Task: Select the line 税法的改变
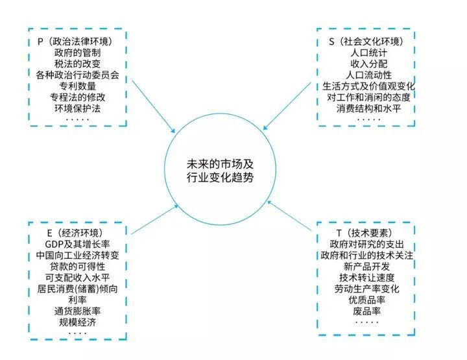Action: click(77, 64)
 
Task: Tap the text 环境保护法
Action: click(77, 108)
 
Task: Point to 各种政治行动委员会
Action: click(77, 75)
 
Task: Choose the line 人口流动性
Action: click(368, 75)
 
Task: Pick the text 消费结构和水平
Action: click(368, 108)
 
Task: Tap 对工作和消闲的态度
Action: click(368, 97)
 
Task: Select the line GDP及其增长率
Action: click(77, 244)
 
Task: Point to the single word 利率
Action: click(77, 300)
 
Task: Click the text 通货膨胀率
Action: click(77, 311)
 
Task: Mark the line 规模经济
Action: click(77, 322)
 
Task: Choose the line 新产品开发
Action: click(367, 267)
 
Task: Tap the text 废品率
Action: click(367, 311)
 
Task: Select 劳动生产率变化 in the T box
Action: click(367, 289)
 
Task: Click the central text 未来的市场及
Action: click(220, 164)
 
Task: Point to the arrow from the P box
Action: click(153, 106)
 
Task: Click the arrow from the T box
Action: click(289, 216)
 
